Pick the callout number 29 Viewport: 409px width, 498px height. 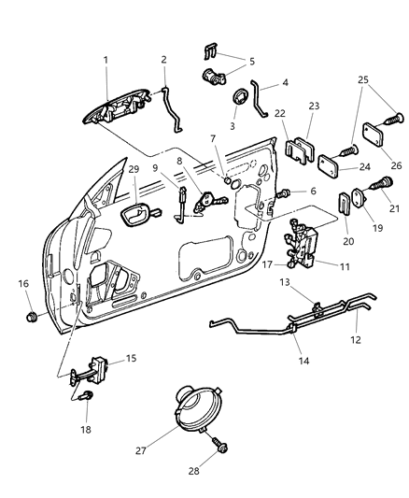[x=134, y=195]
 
